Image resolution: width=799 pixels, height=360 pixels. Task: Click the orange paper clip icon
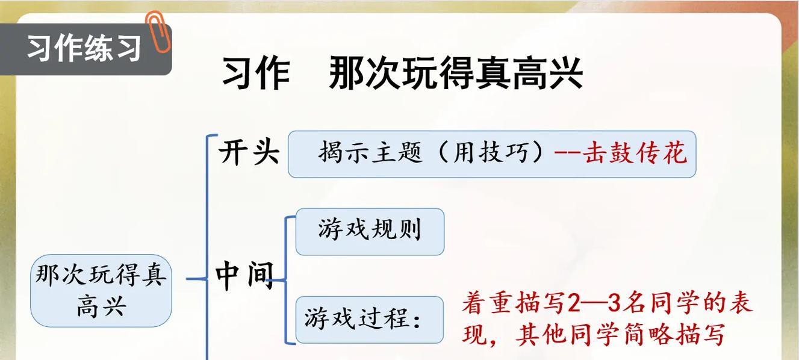(158, 31)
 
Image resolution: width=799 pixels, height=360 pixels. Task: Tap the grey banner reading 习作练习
(85, 49)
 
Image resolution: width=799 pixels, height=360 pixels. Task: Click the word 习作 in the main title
(256, 73)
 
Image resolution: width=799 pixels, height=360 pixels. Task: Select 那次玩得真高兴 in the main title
(456, 73)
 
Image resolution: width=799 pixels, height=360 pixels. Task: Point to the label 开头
(249, 153)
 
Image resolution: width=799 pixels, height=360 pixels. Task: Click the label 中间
(244, 276)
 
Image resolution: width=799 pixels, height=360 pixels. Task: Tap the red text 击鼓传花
(635, 153)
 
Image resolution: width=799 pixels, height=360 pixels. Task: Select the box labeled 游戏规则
(370, 232)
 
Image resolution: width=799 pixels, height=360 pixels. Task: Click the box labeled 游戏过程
(370, 320)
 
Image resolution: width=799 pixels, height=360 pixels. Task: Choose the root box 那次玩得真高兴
(101, 291)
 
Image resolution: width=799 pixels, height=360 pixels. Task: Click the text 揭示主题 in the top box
(370, 152)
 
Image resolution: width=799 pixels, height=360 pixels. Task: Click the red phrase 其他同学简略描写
(620, 335)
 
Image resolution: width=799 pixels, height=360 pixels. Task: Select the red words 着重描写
(514, 303)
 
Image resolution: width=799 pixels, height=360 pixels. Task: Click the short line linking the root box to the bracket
(196, 279)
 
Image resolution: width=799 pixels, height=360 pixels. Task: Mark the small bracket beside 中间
(285, 280)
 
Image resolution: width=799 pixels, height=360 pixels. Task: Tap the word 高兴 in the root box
(101, 307)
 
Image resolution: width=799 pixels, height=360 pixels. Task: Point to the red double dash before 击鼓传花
(568, 152)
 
